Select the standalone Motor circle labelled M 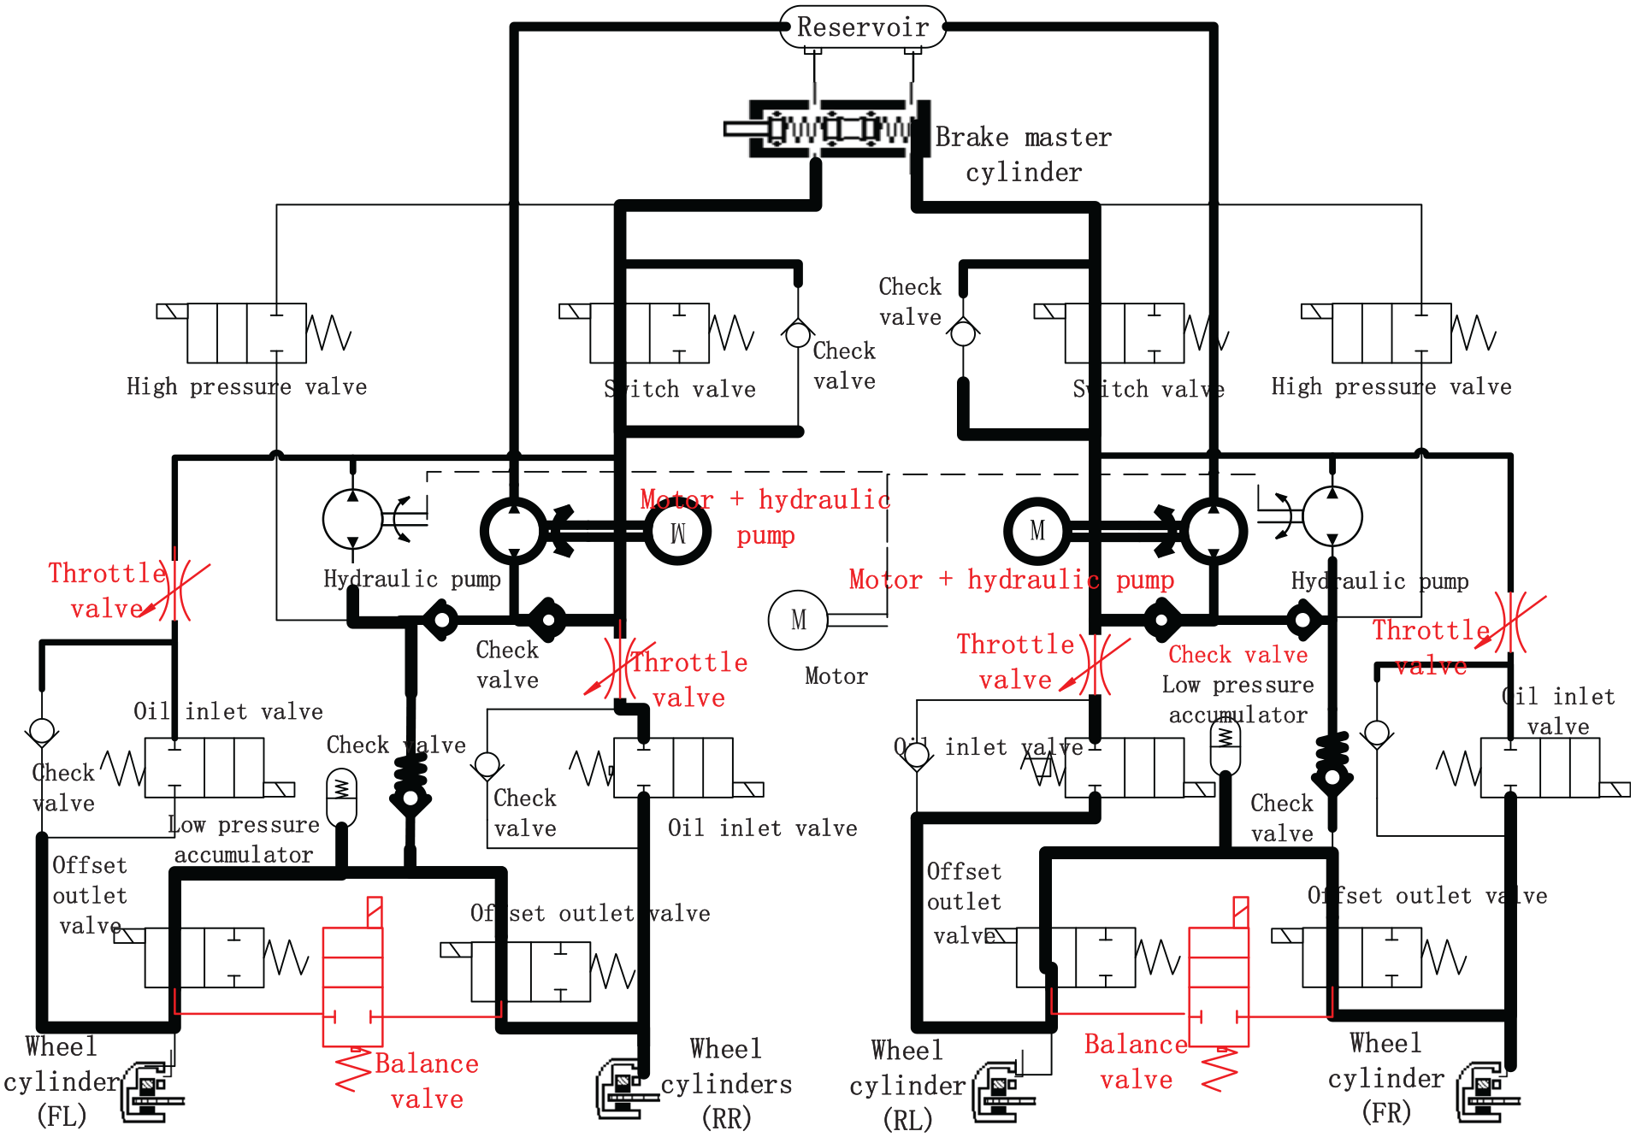[798, 620]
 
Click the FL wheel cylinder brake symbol [152, 1092]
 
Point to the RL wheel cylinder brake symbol [1004, 1093]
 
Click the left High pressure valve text [246, 386]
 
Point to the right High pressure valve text [1391, 386]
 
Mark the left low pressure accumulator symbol [342, 797]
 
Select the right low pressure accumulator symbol [1226, 746]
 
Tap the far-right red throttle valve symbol [1511, 622]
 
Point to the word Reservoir [863, 27]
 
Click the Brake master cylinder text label [1024, 155]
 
